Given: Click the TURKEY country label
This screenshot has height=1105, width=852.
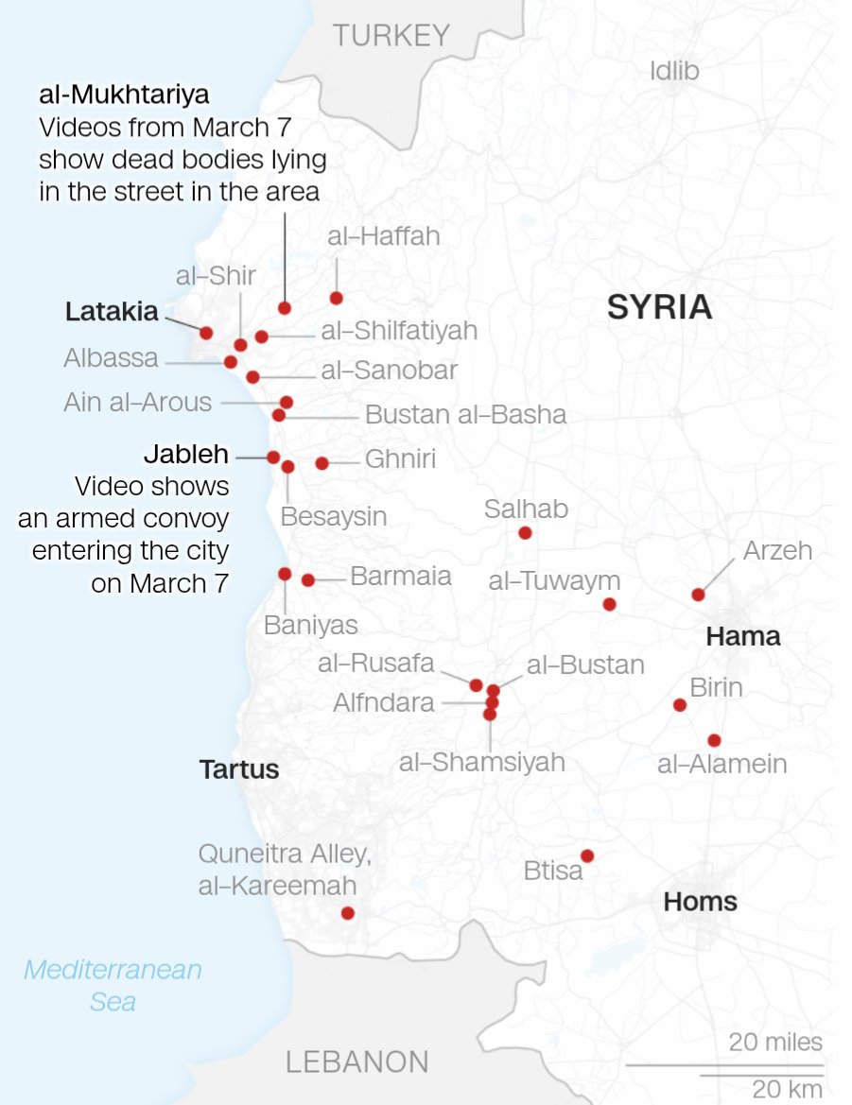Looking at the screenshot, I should click(391, 36).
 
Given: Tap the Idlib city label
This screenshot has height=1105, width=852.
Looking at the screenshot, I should click(674, 70).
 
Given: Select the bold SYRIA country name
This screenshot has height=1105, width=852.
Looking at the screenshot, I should click(659, 307).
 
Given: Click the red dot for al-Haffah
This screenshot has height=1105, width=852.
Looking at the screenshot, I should click(336, 299).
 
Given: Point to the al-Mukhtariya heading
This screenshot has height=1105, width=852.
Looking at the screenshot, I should click(124, 95).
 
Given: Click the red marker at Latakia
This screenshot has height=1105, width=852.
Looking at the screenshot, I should click(206, 332).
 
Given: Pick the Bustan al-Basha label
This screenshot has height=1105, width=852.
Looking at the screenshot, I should click(465, 414).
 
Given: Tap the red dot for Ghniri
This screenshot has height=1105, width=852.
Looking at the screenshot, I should click(322, 463).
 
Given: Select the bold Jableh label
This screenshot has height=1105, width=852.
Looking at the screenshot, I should click(186, 455).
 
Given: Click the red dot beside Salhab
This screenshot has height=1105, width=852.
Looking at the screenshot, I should click(525, 533).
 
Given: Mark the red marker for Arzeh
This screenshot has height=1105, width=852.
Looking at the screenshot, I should click(698, 595).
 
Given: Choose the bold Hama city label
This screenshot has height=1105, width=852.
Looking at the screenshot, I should click(743, 636).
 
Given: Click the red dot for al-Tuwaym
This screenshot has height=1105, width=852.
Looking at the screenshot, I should click(609, 604).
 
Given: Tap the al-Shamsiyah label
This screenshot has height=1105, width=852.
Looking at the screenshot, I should click(481, 762).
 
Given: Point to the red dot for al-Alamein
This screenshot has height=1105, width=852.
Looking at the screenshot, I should click(714, 740).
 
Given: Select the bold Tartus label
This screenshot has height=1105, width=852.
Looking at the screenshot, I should click(239, 768).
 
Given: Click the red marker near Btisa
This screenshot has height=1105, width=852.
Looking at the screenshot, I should click(587, 855).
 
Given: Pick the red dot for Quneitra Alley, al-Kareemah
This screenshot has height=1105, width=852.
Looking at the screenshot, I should click(347, 913).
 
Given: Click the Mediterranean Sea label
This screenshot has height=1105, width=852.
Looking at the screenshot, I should click(113, 984).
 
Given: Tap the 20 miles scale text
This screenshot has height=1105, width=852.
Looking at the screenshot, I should click(775, 1042).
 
